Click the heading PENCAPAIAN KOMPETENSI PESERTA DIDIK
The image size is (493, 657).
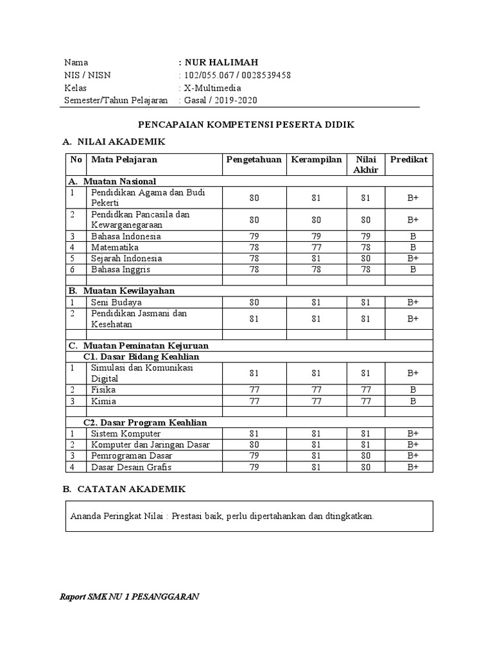coord(246,124)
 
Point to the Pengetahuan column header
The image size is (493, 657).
coord(254,159)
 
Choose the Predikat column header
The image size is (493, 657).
coord(413,159)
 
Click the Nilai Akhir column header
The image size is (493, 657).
coord(366,164)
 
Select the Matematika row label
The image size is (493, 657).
coord(115,247)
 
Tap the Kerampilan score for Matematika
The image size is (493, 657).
coord(315,247)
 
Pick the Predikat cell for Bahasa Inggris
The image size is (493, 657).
coord(413,269)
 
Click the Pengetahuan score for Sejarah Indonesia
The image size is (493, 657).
coord(254,258)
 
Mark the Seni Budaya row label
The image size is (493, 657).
coord(116,302)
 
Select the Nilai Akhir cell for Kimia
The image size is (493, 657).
coord(366,401)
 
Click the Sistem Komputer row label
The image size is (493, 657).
coord(125,434)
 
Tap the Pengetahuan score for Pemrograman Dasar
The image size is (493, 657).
coord(254,456)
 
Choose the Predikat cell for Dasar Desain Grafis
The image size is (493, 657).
coord(413,467)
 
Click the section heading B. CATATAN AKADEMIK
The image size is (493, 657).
coord(124,489)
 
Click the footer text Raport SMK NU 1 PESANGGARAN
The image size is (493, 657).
coord(129,596)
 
